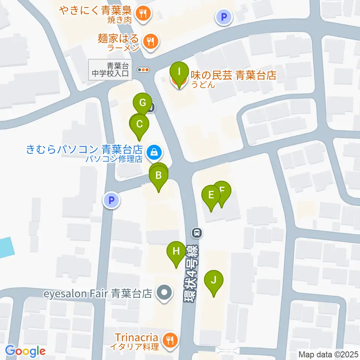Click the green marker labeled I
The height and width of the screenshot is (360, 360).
(x=179, y=71)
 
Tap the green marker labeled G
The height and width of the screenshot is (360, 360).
(x=142, y=103)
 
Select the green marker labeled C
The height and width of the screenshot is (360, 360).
(x=139, y=124)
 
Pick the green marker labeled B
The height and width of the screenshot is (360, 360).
(x=159, y=175)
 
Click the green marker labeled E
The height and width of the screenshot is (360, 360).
(x=211, y=195)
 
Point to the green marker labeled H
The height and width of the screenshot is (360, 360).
(x=176, y=251)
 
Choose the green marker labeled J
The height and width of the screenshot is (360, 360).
(x=214, y=280)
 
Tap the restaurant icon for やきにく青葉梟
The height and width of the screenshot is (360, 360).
(x=143, y=13)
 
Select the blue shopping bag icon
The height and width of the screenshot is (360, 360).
(x=153, y=152)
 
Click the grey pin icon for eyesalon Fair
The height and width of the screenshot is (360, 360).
(x=164, y=293)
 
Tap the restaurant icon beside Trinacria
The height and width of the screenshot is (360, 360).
(x=170, y=340)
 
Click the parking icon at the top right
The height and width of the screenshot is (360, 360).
(x=224, y=16)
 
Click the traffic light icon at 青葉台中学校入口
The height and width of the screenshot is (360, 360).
(x=144, y=69)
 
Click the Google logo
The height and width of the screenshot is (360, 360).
(x=25, y=351)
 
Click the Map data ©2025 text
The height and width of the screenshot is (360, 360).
(x=328, y=354)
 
